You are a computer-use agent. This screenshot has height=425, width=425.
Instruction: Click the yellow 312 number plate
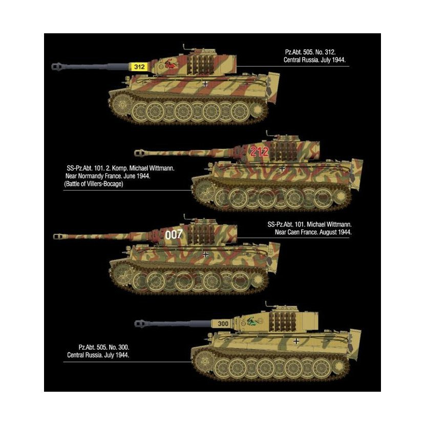(x=139, y=67)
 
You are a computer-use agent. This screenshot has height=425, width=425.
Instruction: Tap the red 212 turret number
(x=259, y=152)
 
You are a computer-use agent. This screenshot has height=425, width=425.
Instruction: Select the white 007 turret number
(x=174, y=235)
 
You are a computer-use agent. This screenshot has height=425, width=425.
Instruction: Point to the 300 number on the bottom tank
(x=223, y=324)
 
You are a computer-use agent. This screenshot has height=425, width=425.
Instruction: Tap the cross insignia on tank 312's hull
(x=205, y=84)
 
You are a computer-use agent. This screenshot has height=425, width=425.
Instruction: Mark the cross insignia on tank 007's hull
(x=206, y=254)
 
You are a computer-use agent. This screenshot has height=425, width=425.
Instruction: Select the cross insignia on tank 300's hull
(x=296, y=341)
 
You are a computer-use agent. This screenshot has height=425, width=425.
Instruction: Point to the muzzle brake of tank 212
(x=140, y=153)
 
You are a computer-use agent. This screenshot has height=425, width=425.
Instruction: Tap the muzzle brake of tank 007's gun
(x=58, y=237)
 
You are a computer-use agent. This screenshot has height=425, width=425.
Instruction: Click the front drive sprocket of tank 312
(x=122, y=104)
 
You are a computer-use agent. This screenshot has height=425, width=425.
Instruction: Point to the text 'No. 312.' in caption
(x=325, y=52)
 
